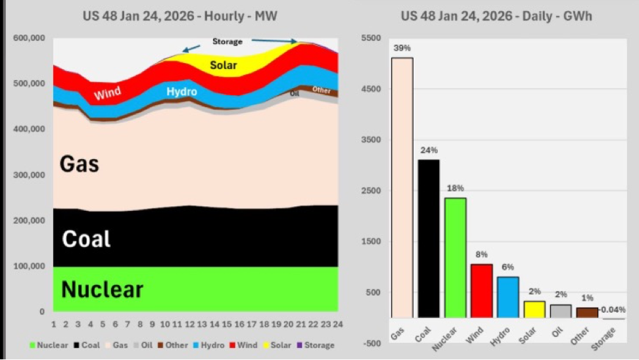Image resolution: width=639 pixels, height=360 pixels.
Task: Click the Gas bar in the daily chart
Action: click(x=402, y=187)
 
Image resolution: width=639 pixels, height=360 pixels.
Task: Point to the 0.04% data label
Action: click(x=613, y=309)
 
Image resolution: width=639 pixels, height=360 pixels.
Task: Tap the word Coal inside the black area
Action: click(x=86, y=239)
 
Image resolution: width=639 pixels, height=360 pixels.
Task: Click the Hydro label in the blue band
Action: click(x=181, y=92)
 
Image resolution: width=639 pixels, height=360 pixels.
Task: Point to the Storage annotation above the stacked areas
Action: click(x=227, y=41)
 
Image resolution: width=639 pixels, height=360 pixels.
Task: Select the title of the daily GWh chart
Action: click(x=496, y=16)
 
